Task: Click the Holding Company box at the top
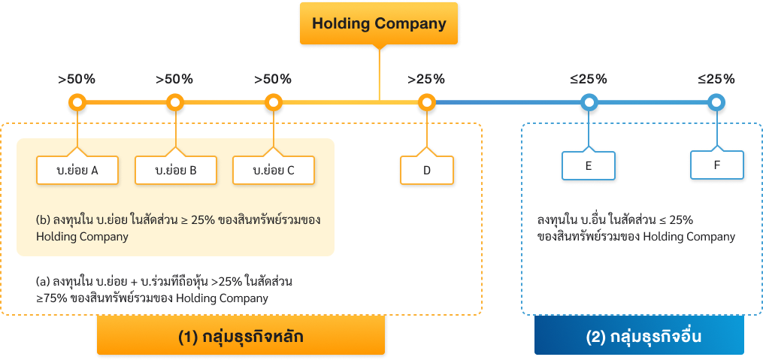click(379, 23)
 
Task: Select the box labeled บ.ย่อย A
click(77, 170)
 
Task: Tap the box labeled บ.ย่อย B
click(176, 170)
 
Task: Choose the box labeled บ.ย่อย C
click(274, 170)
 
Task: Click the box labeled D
click(426, 170)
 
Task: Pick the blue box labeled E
click(589, 165)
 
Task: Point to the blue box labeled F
click(716, 165)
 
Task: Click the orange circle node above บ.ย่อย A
click(77, 102)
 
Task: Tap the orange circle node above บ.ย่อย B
click(175, 102)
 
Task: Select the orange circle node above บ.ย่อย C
click(274, 102)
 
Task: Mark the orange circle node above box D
click(426, 102)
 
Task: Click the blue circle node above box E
click(589, 102)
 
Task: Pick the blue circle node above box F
click(716, 102)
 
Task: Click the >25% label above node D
click(426, 79)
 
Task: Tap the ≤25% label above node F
click(716, 79)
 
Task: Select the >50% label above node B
click(174, 79)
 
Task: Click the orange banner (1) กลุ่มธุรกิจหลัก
click(241, 336)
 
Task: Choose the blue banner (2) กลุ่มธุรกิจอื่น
click(639, 336)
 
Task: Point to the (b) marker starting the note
click(42, 220)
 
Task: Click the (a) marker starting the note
click(42, 282)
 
